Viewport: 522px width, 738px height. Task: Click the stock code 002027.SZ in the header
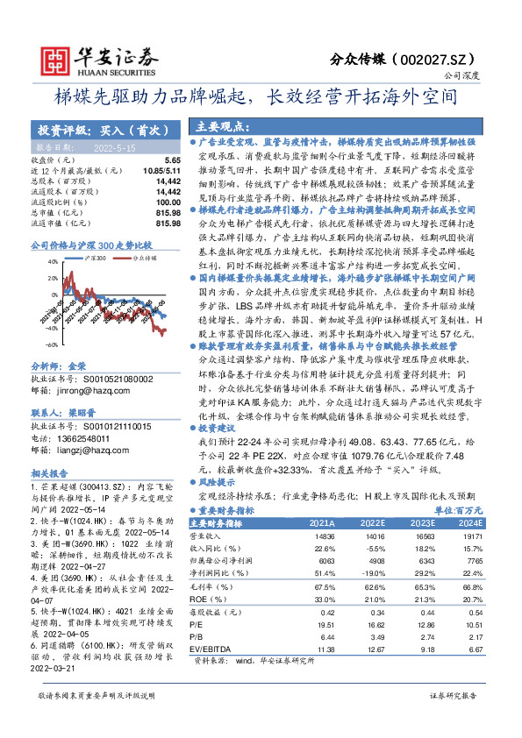445,59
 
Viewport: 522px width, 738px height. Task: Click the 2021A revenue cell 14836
324,535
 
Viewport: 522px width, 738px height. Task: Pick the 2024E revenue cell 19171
474,535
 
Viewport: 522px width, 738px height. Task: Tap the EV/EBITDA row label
217,650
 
